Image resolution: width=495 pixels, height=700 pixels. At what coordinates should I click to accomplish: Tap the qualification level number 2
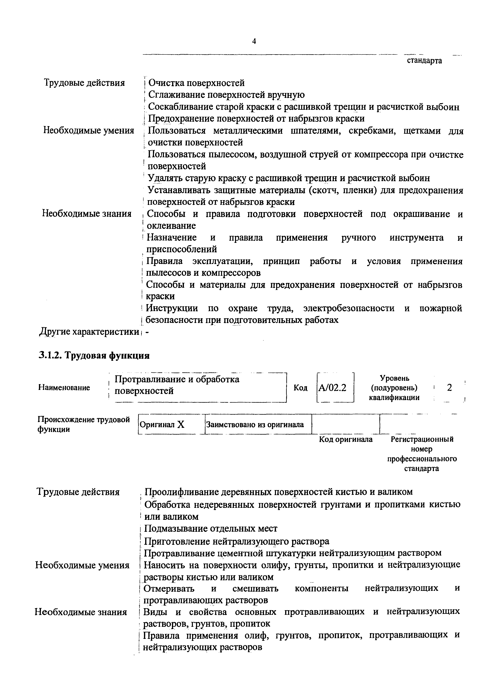click(x=449, y=388)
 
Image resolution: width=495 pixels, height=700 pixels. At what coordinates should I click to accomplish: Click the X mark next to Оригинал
click(x=181, y=424)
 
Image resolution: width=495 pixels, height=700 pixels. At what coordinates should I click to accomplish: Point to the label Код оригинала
click(x=346, y=439)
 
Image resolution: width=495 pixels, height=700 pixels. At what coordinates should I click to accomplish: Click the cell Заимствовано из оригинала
click(x=255, y=424)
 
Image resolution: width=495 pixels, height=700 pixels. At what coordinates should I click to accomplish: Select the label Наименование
click(x=64, y=388)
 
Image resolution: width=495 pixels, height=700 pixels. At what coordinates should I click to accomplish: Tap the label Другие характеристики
click(x=89, y=332)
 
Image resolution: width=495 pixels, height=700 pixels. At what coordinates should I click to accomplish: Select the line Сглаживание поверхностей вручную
click(x=226, y=95)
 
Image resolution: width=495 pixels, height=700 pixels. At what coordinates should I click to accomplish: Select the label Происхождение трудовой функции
click(x=84, y=424)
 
